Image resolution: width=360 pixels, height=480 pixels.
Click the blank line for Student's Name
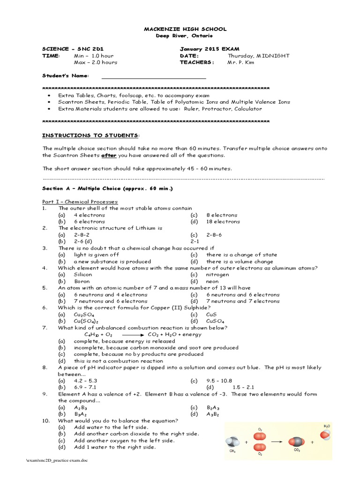pos(154,76)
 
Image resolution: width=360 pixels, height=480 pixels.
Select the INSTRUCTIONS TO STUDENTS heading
pos(90,135)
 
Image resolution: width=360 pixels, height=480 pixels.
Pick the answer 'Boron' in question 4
pos(82,281)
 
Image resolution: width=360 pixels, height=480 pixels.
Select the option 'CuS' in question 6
pos(212,315)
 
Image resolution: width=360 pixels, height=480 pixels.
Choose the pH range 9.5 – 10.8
pos(219,381)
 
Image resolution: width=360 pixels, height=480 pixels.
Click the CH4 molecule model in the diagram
pos(233,442)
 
